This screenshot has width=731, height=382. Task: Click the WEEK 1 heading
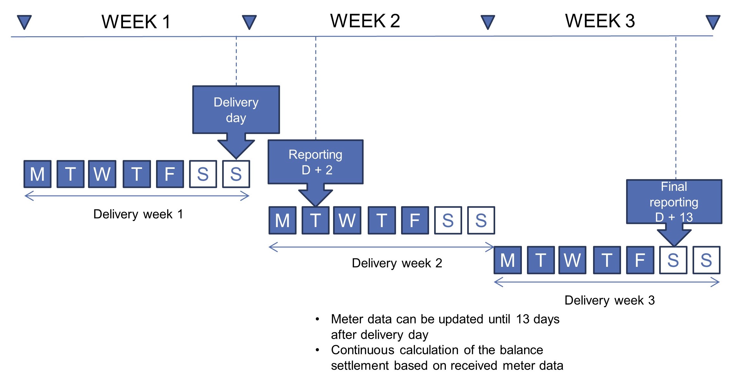136,22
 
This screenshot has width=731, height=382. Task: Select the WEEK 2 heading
365,21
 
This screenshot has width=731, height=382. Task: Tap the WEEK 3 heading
600,21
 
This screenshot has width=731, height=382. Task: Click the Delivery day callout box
236,110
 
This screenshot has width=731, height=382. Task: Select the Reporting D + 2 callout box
316,162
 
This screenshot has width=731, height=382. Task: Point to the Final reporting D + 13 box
674,202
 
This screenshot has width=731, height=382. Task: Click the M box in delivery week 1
38,174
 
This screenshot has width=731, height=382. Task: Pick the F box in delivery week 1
170,174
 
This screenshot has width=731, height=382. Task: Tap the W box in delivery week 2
347,220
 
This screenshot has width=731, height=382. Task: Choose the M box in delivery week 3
508,260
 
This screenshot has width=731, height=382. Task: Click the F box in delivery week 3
640,260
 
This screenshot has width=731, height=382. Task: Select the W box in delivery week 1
102,174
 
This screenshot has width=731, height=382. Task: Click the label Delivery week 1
138,214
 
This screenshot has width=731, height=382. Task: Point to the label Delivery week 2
397,263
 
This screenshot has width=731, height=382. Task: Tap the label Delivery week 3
610,300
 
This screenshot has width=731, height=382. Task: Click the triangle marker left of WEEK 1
24,22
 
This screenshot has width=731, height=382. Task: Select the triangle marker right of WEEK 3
713,22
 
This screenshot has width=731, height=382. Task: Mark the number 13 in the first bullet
523,319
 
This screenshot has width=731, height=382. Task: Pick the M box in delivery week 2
283,220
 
